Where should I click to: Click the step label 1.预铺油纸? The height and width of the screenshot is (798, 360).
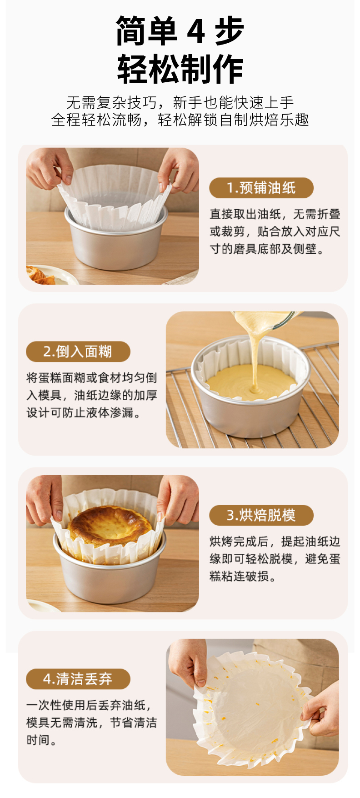point(261,188)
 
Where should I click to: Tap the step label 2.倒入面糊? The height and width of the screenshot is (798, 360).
point(78,351)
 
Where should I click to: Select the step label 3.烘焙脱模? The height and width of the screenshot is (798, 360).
point(261,515)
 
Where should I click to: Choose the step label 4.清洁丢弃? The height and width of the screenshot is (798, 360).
point(78,679)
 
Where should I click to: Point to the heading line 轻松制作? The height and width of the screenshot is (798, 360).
point(180,69)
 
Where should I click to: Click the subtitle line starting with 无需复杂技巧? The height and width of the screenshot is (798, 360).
point(180,102)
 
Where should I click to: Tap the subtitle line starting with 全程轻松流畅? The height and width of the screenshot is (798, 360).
point(180,120)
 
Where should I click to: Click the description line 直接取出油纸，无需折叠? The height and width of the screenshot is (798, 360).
point(275,214)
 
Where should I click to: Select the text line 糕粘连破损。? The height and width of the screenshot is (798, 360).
point(243,576)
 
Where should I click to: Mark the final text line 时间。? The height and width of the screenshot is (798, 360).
point(42,740)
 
